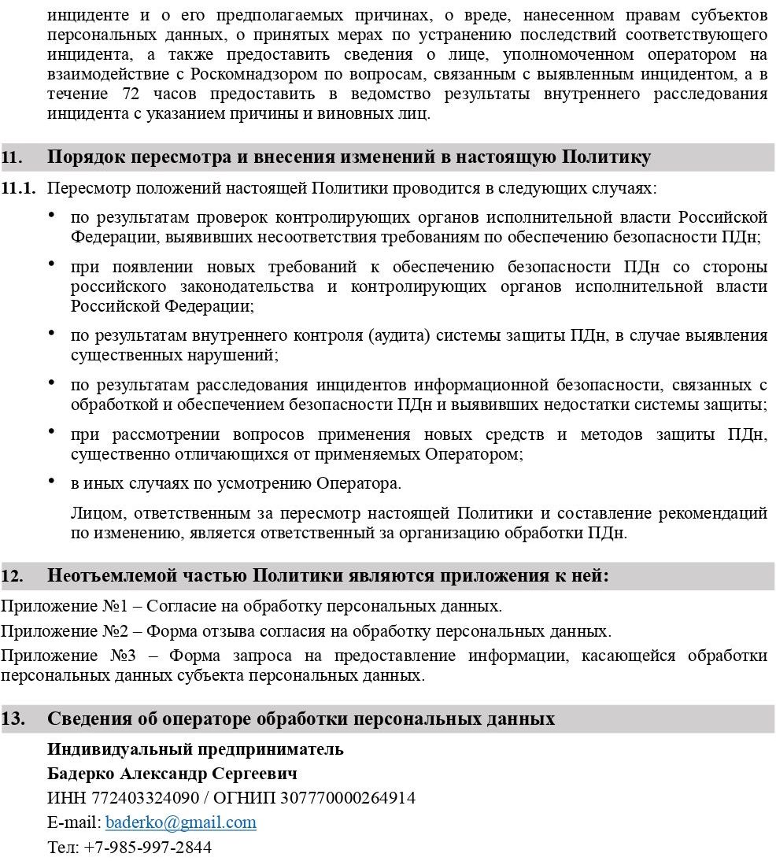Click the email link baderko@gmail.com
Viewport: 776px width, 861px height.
pyautogui.click(x=180, y=822)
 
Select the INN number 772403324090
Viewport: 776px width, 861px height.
pyautogui.click(x=145, y=798)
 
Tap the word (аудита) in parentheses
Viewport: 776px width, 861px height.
pyautogui.click(x=400, y=336)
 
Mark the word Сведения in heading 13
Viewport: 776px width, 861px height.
pyautogui.click(x=88, y=719)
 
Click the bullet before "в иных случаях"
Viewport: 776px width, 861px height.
pyautogui.click(x=51, y=479)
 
